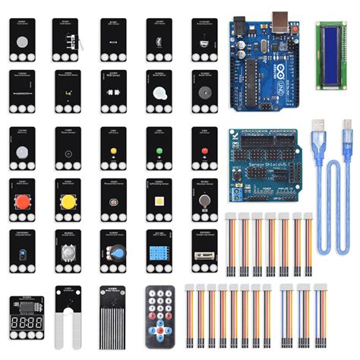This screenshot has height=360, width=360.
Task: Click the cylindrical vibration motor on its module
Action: click(x=205, y=201)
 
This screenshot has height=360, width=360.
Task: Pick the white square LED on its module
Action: click(x=159, y=201)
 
